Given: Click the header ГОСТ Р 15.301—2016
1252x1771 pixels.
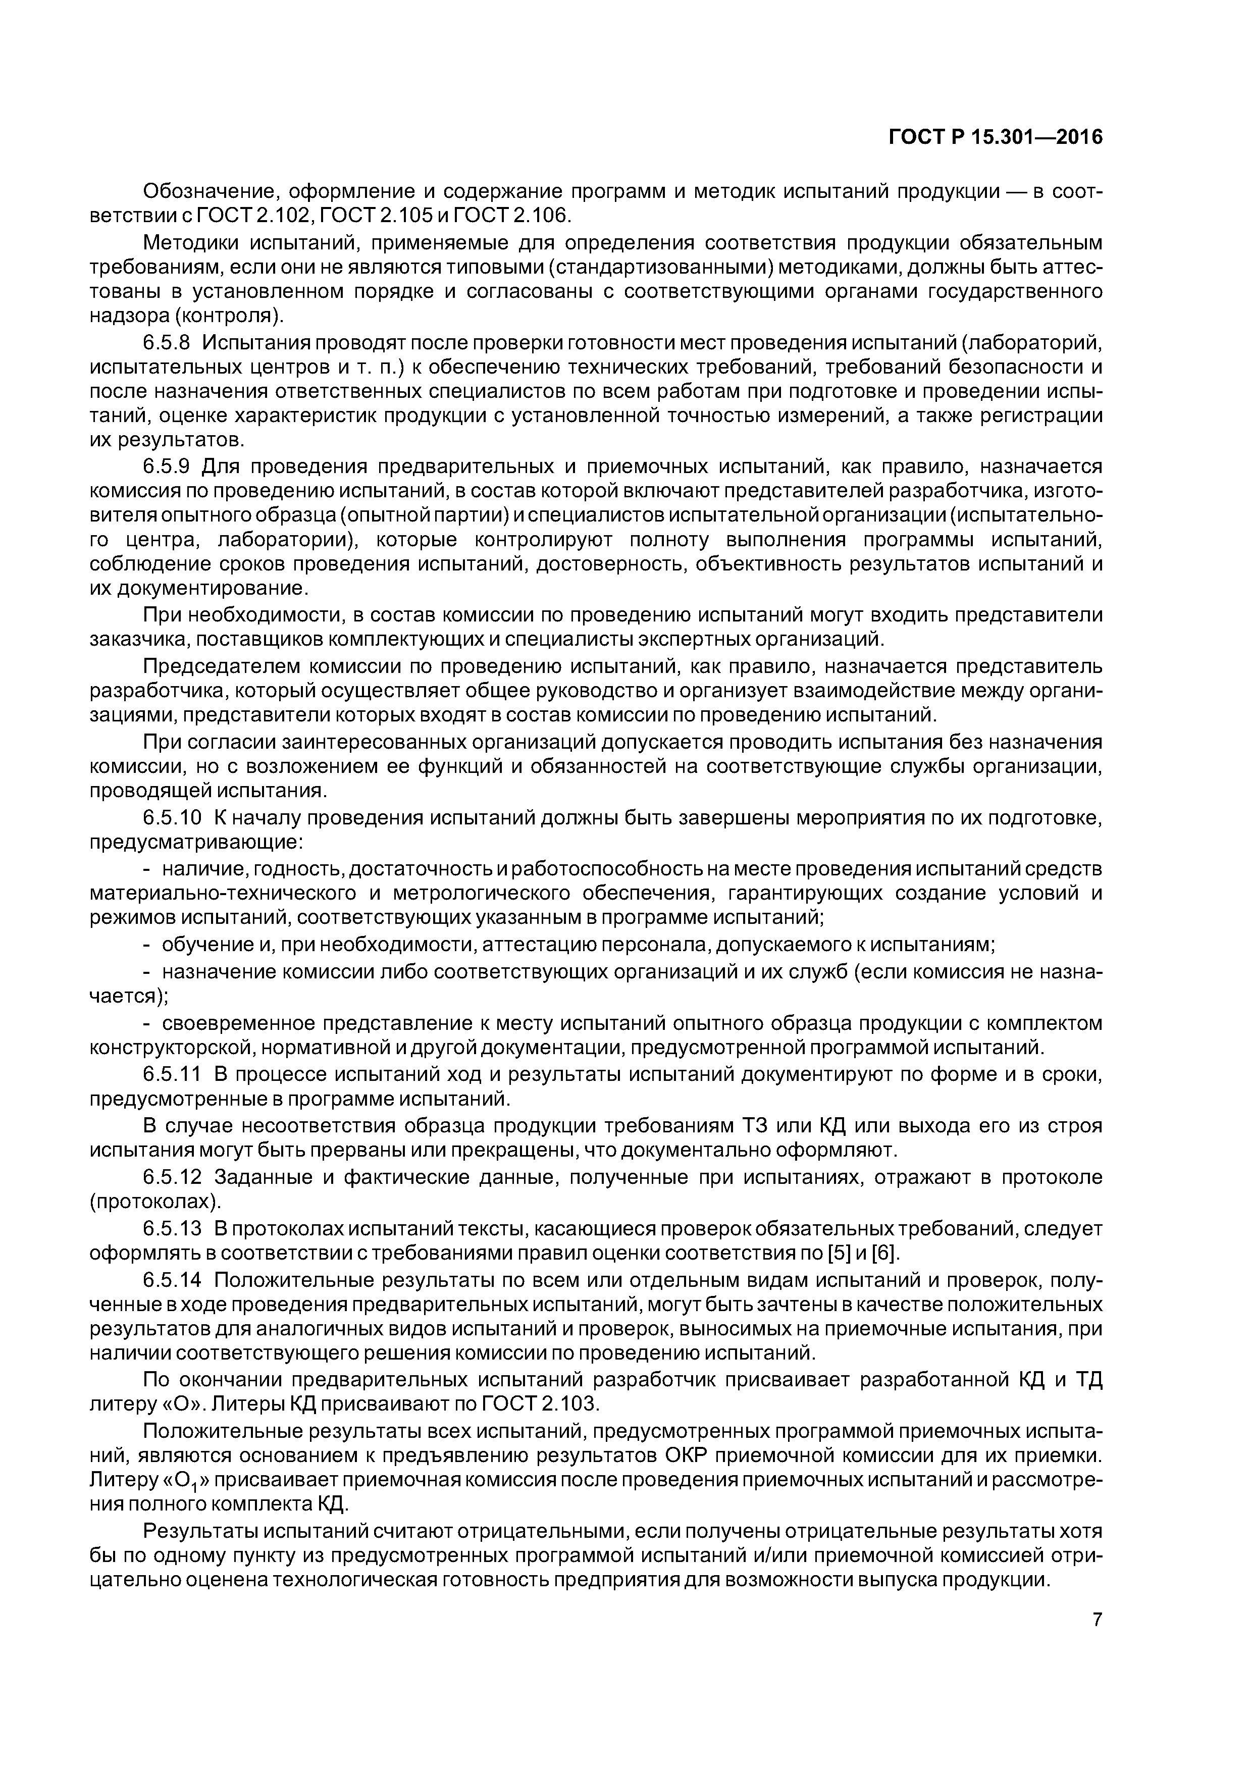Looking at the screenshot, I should click(x=995, y=137).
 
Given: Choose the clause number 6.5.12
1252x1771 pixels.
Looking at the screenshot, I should click(x=172, y=1177).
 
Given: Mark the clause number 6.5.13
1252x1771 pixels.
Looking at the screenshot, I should click(x=172, y=1228).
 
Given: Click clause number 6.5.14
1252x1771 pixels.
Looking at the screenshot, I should click(x=172, y=1280).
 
